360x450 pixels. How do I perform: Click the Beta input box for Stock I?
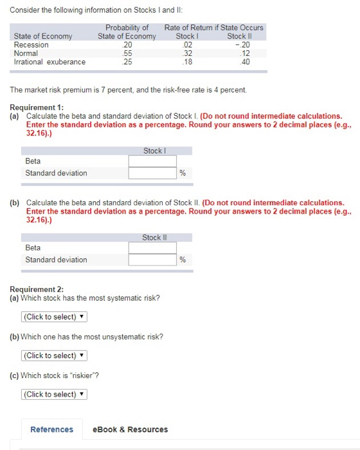(152, 161)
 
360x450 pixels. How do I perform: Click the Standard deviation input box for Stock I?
(152, 173)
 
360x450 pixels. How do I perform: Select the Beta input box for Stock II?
(152, 248)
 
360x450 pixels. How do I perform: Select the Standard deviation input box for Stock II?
(152, 260)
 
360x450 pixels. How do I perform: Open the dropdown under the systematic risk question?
(54, 317)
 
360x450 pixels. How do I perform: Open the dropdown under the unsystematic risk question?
(54, 355)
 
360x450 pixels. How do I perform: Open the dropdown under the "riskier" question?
(54, 394)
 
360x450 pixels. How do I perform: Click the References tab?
(51, 429)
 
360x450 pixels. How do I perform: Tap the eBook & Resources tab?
(130, 429)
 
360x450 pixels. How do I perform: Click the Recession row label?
(31, 45)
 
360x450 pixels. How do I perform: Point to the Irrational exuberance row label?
(50, 62)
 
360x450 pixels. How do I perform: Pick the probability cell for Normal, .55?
(127, 53)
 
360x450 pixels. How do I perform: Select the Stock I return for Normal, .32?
(187, 53)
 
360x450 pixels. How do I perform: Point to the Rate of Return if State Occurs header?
(213, 28)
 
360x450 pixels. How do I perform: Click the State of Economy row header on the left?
(43, 36)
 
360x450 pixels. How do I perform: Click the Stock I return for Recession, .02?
(187, 45)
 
